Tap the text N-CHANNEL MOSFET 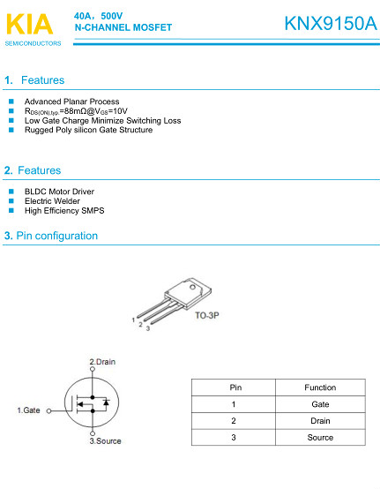tap(123, 28)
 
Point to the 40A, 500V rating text tap(100, 16)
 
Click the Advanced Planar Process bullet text tap(71, 102)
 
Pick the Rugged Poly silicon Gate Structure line tap(88, 130)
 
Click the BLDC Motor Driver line tap(59, 192)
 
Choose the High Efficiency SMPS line tap(64, 211)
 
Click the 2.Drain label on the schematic tap(103, 362)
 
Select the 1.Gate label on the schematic tap(29, 410)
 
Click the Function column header tap(320, 387)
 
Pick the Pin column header tap(235, 387)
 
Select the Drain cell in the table tap(320, 421)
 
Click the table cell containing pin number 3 tap(235, 437)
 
